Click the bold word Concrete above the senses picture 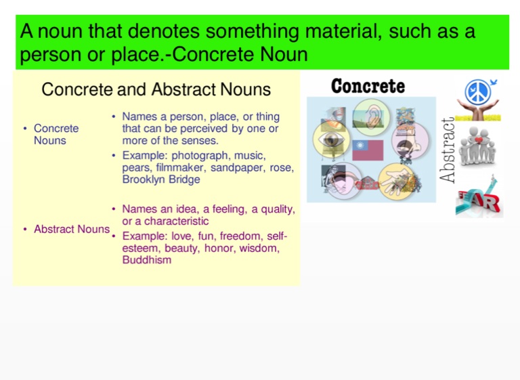click(x=368, y=86)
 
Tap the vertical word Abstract click(x=448, y=150)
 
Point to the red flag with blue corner click(x=368, y=150)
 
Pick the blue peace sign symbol click(x=477, y=91)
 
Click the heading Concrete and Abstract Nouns click(x=156, y=89)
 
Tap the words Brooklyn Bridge click(x=161, y=180)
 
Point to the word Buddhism click(x=147, y=259)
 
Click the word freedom click(x=241, y=236)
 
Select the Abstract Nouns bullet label click(x=71, y=229)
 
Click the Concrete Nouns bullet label click(x=56, y=134)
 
